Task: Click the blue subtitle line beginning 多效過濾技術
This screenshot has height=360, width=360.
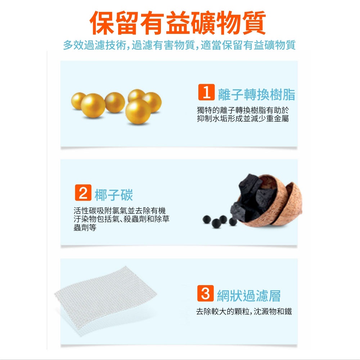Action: click(179, 45)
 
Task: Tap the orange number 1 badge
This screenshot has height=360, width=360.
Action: click(206, 92)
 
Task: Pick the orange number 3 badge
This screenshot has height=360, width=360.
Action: click(206, 293)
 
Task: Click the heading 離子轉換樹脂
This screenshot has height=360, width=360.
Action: click(256, 94)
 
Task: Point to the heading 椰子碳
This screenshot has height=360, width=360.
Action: click(114, 195)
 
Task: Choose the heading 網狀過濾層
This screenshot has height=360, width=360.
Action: click(249, 296)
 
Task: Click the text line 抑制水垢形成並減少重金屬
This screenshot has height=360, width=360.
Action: click(243, 118)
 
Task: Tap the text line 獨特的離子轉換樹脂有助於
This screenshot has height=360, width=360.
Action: click(243, 110)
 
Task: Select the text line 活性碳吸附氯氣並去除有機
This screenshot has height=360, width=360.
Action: click(120, 211)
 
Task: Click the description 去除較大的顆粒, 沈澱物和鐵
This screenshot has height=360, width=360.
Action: click(244, 311)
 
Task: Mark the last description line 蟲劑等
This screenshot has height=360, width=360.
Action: click(85, 228)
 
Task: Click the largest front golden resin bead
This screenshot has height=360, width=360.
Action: click(138, 112)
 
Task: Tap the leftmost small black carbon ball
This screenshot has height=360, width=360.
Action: click(207, 220)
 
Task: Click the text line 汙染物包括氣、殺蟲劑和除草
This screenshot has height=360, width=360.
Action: click(121, 219)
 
